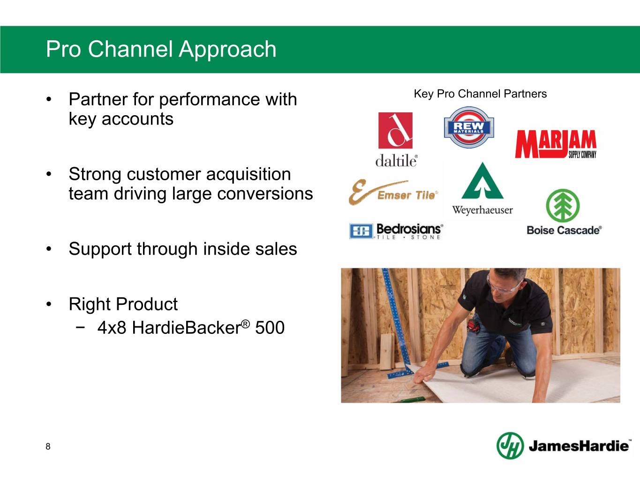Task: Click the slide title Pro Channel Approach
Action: tap(161, 49)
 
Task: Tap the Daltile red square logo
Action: tap(395, 130)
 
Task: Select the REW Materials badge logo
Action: tap(469, 127)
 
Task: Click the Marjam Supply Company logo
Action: tap(556, 144)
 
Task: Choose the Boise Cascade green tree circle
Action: tap(563, 205)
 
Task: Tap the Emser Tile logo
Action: tap(393, 192)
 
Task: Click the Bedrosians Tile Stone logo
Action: tap(396, 231)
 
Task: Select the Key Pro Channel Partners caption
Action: tap(480, 94)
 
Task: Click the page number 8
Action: tap(48, 446)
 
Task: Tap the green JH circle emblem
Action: tap(510, 445)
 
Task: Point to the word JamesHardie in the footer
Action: tap(579, 446)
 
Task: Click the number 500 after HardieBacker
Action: tap(270, 328)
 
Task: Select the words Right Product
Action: tap(123, 304)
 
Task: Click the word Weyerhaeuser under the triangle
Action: tap(482, 210)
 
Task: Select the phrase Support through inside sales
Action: tap(182, 249)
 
